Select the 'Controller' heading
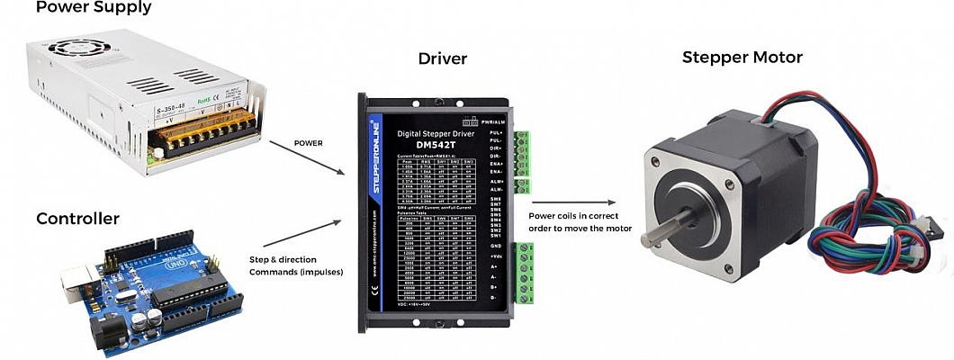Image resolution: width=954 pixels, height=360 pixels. click(77, 219)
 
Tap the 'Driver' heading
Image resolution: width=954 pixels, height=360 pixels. click(443, 59)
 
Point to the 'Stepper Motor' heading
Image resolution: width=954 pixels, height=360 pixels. click(742, 58)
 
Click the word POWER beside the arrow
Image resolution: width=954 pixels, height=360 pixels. click(309, 142)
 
